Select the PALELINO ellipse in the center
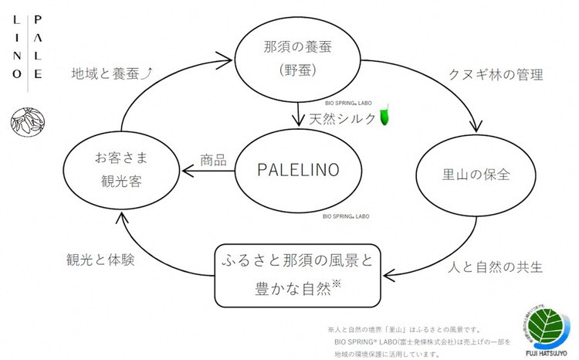click(297, 170)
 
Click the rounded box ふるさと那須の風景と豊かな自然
click(297, 274)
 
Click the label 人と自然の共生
click(496, 268)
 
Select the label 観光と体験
click(101, 260)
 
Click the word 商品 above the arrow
click(213, 161)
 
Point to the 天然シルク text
click(343, 119)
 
